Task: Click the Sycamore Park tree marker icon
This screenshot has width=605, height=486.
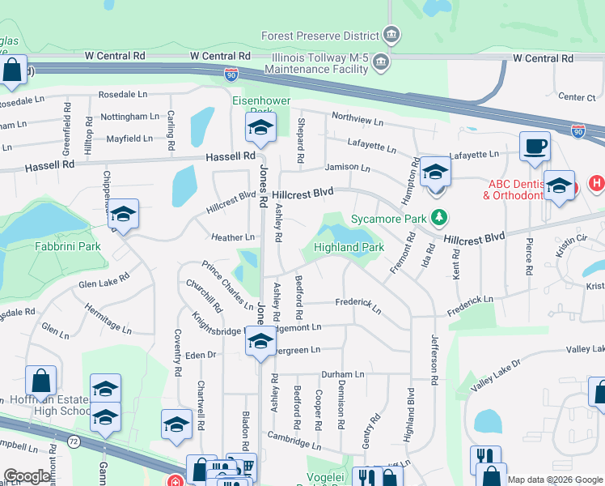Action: point(439,218)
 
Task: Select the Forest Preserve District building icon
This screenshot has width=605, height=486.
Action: point(391,35)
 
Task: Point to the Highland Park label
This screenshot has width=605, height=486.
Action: point(349,247)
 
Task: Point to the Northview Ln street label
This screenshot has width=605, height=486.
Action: point(357,121)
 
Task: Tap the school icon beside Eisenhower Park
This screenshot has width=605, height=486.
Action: point(260,127)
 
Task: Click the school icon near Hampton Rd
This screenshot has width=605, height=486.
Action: point(435,173)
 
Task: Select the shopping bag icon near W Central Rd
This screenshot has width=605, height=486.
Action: point(13,70)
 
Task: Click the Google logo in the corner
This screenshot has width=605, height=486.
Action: point(27,476)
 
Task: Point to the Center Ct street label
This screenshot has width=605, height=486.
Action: point(577,97)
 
